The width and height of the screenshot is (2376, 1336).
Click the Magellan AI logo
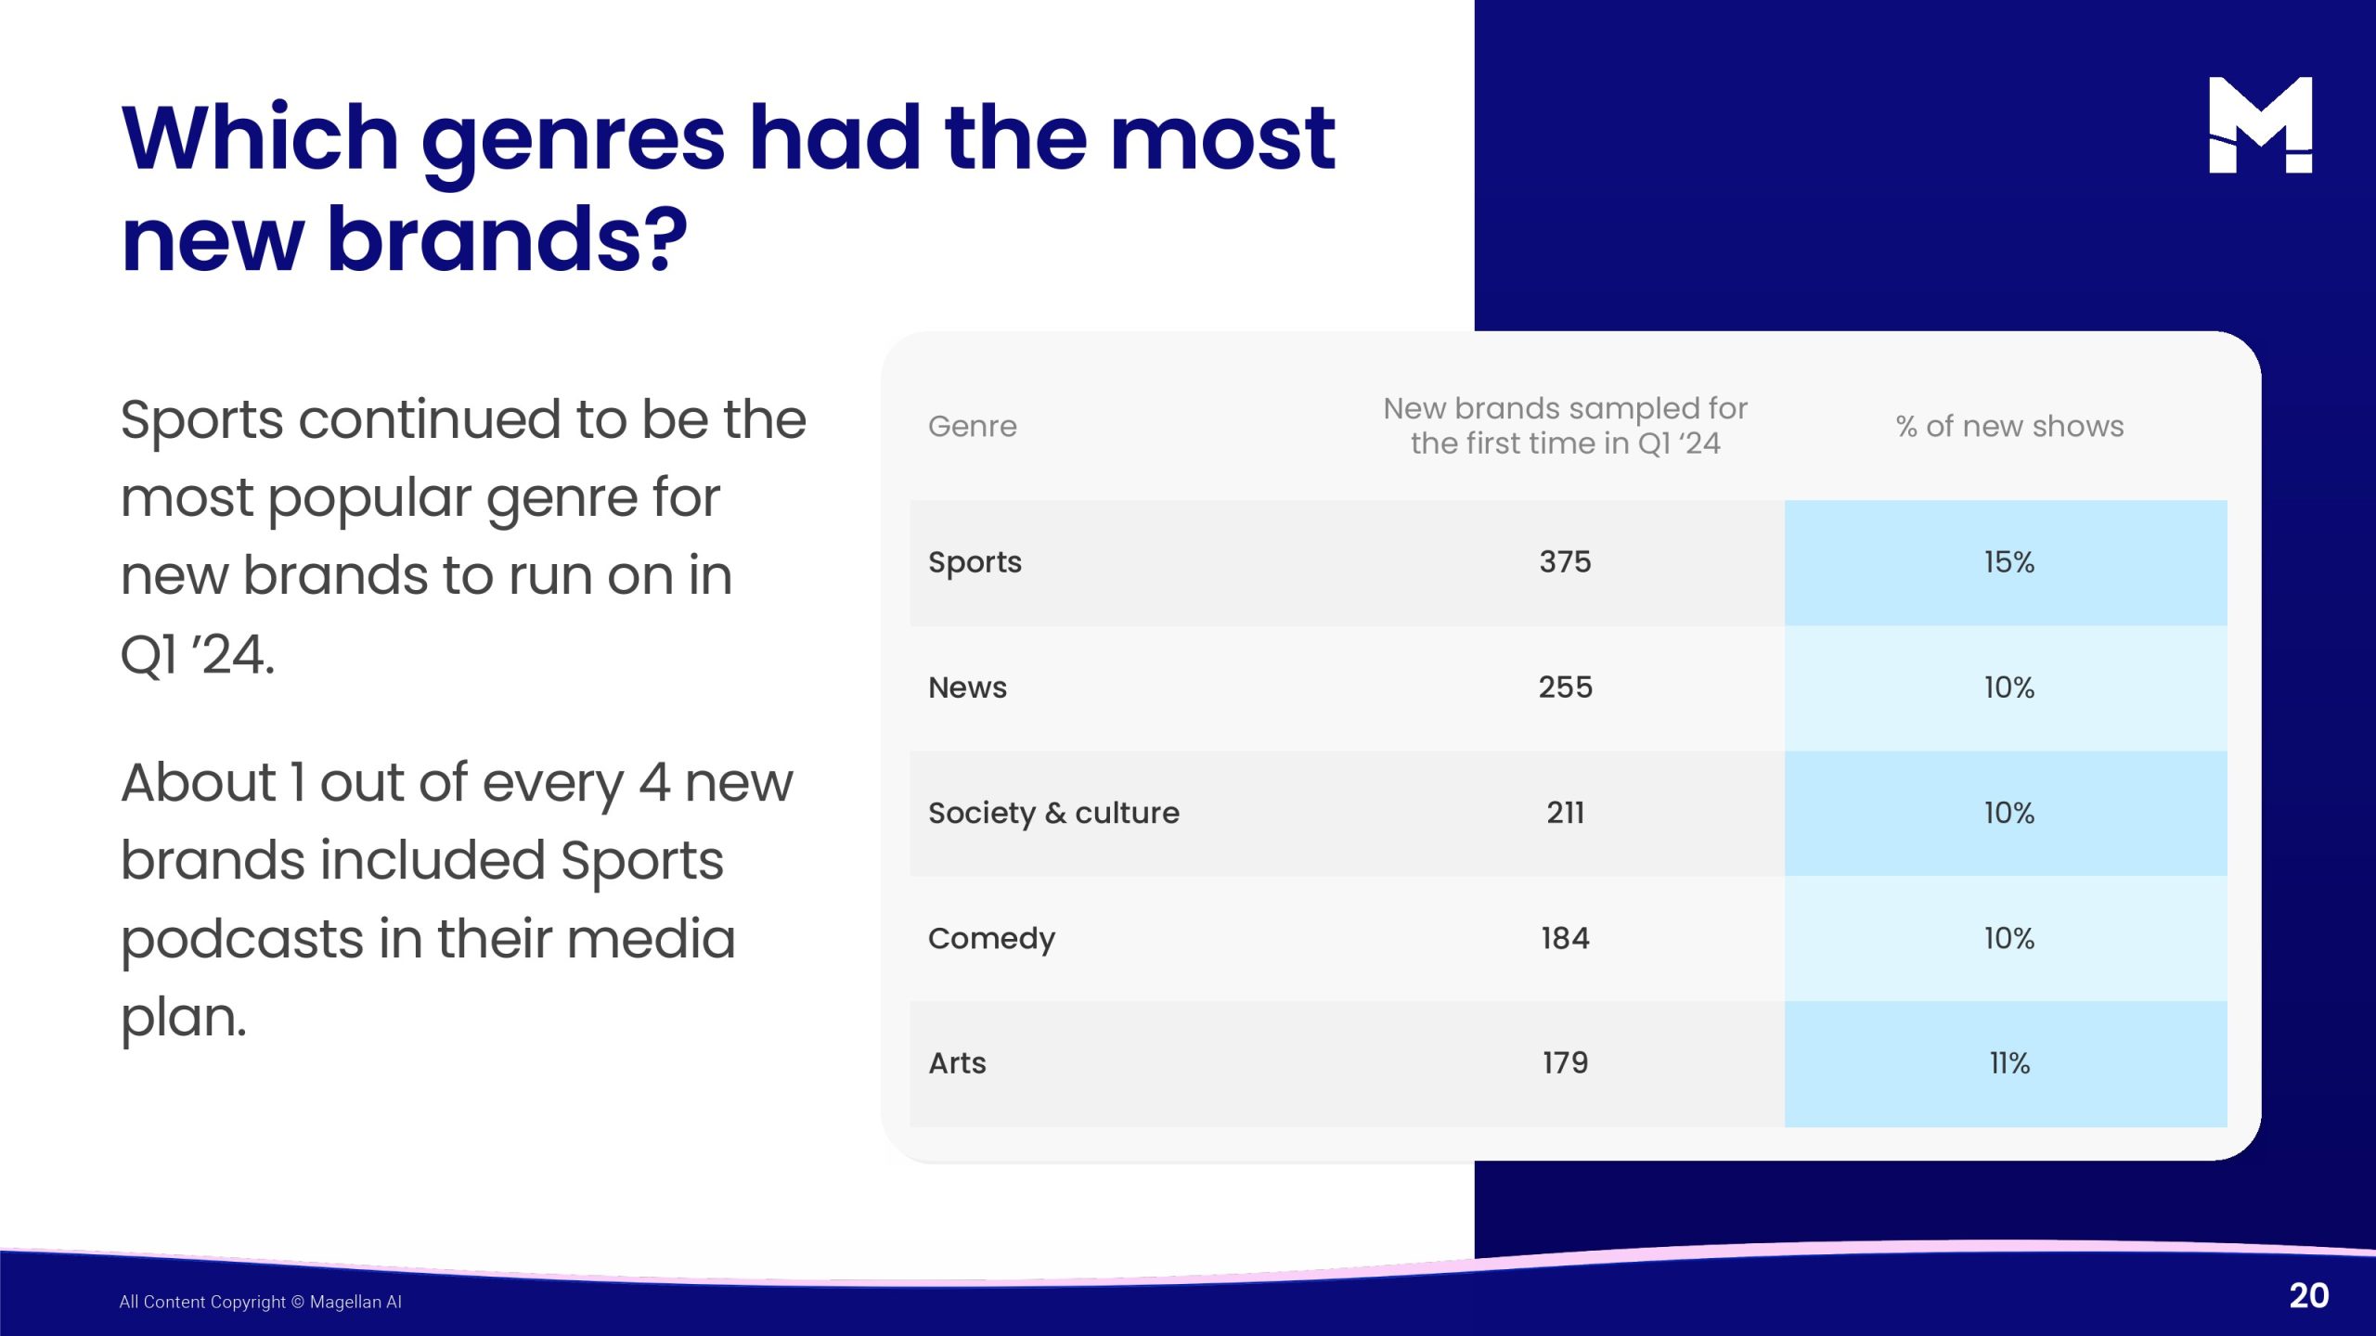pos(2260,124)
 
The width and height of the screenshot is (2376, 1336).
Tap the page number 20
pos(2309,1295)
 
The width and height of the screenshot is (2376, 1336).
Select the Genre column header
pos(973,426)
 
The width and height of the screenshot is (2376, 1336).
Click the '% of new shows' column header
pos(2009,426)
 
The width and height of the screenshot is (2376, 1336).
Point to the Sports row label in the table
pos(975,562)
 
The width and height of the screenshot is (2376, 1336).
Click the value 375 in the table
pos(1565,561)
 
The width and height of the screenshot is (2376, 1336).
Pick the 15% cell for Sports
pos(2009,561)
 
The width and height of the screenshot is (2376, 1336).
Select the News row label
pos(967,687)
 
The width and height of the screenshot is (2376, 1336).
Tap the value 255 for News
pos(1565,687)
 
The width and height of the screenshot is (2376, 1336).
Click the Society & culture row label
pos(1053,813)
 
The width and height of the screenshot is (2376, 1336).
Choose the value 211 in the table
pos(1565,813)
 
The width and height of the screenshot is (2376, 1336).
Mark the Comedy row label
pos(991,939)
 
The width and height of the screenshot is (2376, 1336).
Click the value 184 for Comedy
pos(1565,938)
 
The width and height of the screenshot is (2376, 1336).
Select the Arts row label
pos(957,1063)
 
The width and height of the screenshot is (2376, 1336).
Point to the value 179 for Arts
pos(1565,1063)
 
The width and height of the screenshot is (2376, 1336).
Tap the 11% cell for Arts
pos(2009,1063)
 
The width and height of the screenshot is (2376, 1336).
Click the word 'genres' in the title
pos(573,144)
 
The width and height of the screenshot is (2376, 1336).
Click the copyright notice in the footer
pos(261,1302)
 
